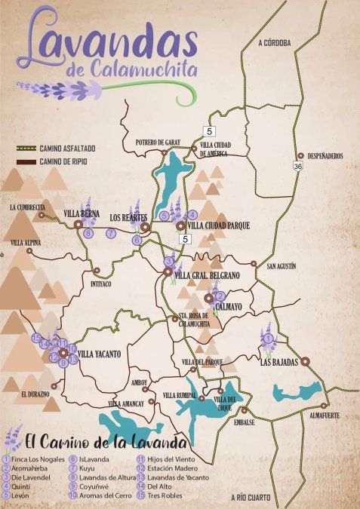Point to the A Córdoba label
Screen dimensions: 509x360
click(x=274, y=43)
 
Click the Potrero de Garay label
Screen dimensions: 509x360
click(x=157, y=142)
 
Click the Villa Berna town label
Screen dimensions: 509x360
click(x=82, y=214)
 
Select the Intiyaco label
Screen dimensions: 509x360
click(x=100, y=284)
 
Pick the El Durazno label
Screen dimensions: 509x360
click(x=35, y=394)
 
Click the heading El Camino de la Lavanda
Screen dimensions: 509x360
click(x=106, y=440)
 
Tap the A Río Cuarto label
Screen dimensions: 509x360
click(x=252, y=498)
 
